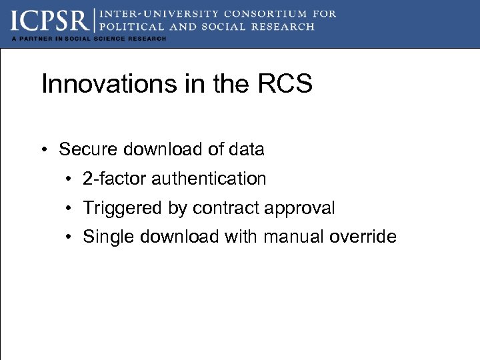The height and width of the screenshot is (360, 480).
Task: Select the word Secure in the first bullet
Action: pyautogui.click(x=84, y=149)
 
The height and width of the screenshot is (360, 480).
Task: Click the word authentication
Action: pyautogui.click(x=209, y=179)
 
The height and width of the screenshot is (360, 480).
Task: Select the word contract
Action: pyautogui.click(x=226, y=208)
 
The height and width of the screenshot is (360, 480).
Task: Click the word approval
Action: pyautogui.click(x=300, y=208)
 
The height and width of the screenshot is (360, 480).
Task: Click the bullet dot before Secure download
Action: pyautogui.click(x=44, y=150)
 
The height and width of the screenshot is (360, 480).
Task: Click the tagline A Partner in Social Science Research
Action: pyautogui.click(x=89, y=39)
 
